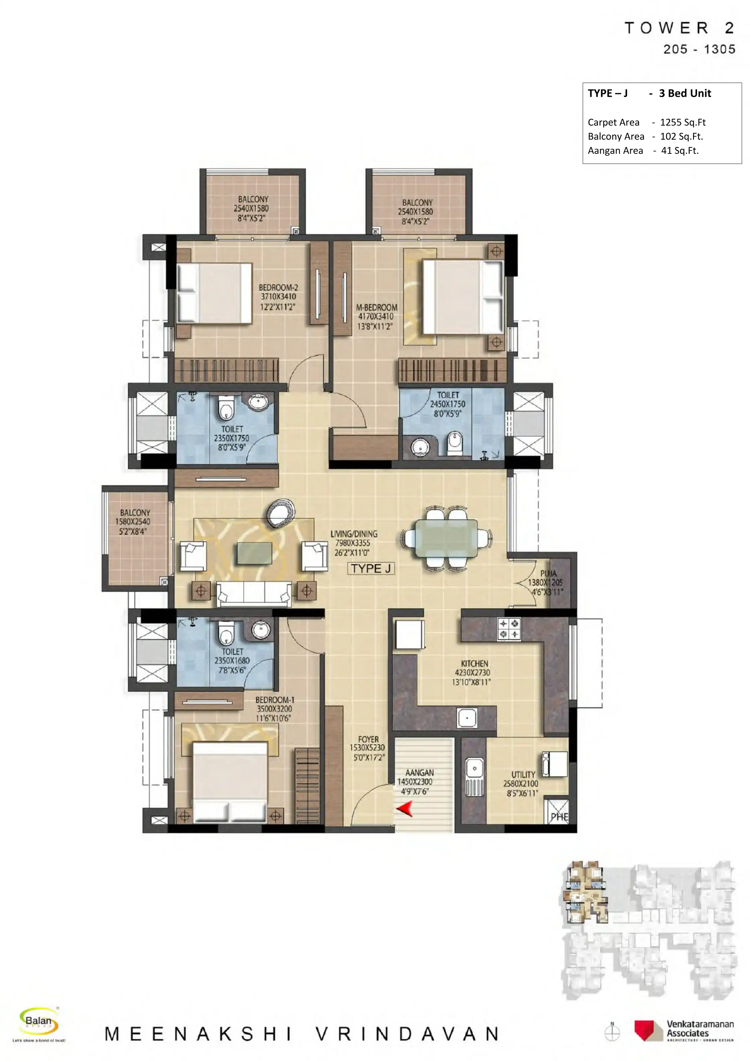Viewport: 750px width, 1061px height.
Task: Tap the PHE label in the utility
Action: point(559,817)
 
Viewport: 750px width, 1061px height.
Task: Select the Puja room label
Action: point(548,573)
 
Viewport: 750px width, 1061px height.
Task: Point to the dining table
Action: point(447,538)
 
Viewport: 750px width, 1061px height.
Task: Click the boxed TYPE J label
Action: point(370,568)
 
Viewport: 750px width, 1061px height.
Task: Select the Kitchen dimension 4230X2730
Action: point(472,673)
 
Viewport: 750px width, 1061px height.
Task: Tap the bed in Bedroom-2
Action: point(215,292)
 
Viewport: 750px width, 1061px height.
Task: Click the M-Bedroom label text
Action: point(377,307)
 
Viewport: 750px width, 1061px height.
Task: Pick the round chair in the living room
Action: point(281,513)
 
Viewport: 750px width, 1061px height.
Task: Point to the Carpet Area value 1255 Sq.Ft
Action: point(683,123)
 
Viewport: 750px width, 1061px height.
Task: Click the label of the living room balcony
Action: point(135,512)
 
